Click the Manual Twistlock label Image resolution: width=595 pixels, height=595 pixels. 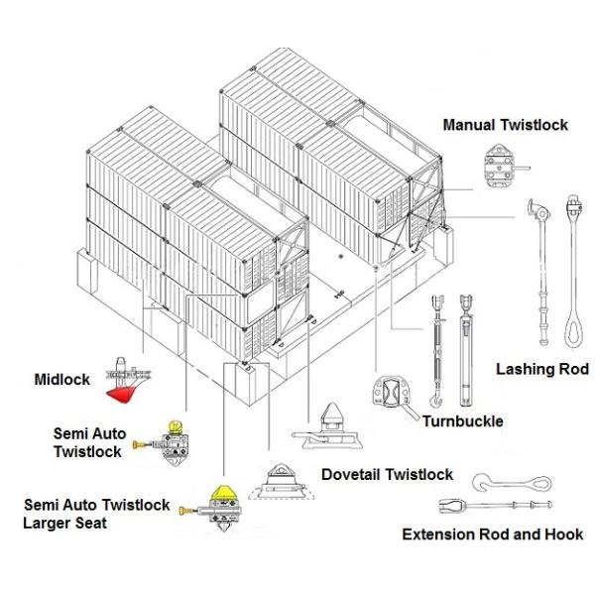coord(506,125)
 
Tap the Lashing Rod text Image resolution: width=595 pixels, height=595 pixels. coord(541,369)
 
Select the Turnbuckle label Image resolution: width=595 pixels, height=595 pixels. coord(462,421)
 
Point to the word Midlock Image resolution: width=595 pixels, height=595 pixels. coord(61,379)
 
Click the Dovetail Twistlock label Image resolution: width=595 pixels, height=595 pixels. coord(387,475)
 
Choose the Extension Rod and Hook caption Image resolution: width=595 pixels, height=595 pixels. coord(492,535)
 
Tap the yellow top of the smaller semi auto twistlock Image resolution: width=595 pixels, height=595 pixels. coord(178,427)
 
